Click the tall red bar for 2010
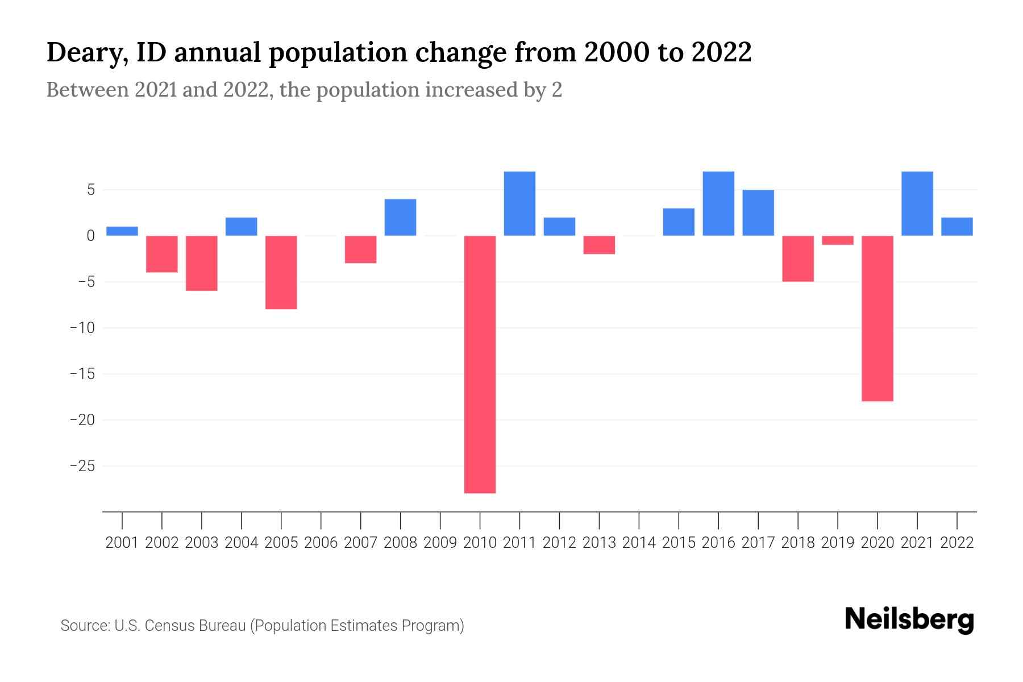point(480,364)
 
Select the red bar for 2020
point(878,318)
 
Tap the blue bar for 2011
point(519,203)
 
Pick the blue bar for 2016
point(718,203)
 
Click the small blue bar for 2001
point(122,231)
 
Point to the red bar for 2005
point(281,272)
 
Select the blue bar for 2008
point(401,217)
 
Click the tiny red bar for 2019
point(838,240)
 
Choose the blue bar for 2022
point(957,226)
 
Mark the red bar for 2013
point(599,245)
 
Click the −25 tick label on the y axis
point(82,467)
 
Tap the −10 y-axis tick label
point(82,328)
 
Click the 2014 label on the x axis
point(639,543)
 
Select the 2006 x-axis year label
point(321,543)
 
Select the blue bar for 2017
point(758,213)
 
